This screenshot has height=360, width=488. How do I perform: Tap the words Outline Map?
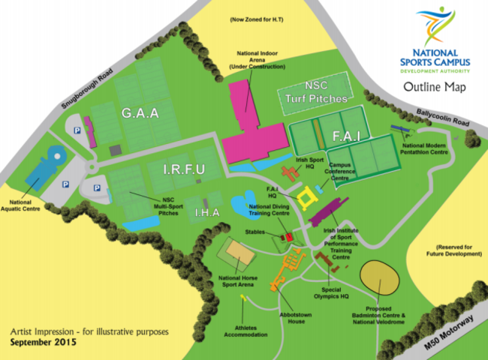[x=434, y=87]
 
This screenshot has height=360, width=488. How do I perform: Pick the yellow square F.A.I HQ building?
[x=306, y=198]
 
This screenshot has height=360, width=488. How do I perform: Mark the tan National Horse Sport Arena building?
[x=236, y=254]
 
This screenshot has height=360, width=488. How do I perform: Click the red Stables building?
[x=288, y=238]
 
